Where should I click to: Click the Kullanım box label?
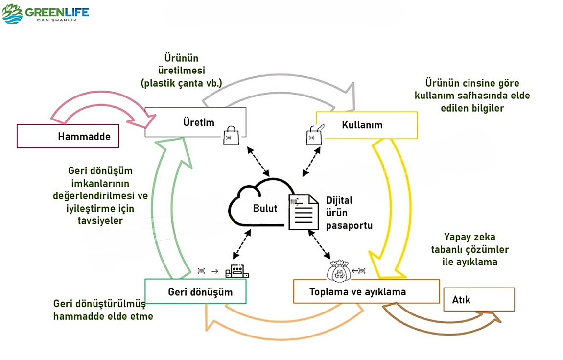[362, 125]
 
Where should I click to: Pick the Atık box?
[478, 299]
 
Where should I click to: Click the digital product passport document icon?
[304, 211]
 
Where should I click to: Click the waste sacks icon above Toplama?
[340, 269]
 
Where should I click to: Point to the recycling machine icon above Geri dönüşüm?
[237, 270]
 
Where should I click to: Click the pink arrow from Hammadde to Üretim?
[98, 109]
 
